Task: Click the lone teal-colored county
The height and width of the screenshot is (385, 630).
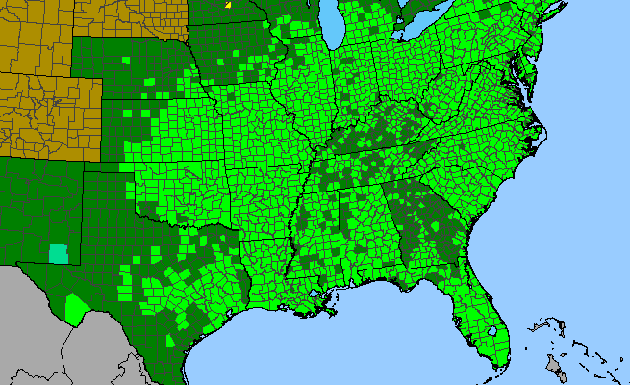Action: (x=59, y=254)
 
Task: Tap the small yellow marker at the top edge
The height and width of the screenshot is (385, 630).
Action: (x=228, y=4)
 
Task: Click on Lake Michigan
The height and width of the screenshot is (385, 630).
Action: (x=334, y=29)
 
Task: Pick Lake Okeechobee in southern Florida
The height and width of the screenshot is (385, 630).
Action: (x=491, y=331)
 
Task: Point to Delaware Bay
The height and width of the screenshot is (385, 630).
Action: (x=528, y=65)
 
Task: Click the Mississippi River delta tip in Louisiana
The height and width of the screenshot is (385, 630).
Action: (x=331, y=314)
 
